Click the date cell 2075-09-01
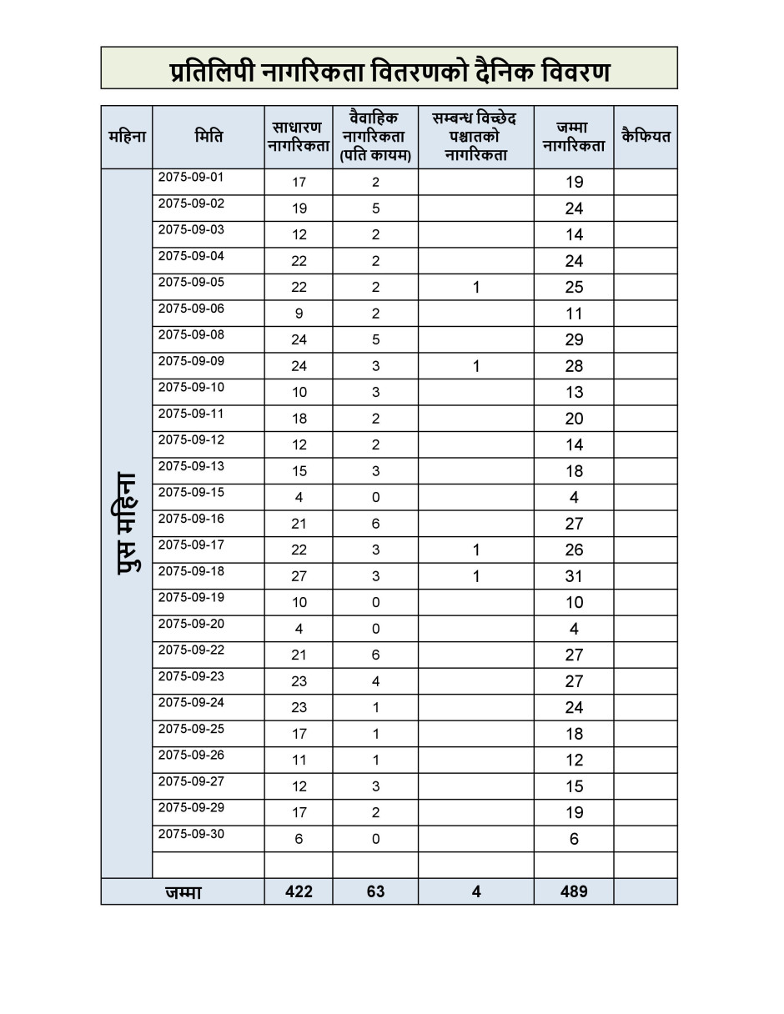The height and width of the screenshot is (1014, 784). click(191, 178)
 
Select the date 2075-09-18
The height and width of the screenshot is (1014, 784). click(191, 572)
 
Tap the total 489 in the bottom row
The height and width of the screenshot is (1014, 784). click(574, 891)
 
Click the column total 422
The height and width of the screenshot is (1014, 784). click(299, 891)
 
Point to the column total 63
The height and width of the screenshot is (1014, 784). click(375, 891)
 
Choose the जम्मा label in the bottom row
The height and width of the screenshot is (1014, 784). click(183, 892)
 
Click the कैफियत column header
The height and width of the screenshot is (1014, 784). click(646, 136)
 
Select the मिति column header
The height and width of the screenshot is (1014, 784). click(209, 136)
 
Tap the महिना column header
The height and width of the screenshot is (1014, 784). click(127, 136)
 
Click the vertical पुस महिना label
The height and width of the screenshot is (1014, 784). click(127, 524)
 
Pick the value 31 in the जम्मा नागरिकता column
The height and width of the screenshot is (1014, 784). click(574, 576)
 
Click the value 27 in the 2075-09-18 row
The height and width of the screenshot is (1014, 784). click(299, 576)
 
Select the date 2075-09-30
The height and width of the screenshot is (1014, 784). click(191, 835)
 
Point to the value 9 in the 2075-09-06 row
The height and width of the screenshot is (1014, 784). click(299, 314)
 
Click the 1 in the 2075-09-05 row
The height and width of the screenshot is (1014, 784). click(476, 288)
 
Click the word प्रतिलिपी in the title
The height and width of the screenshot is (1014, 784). click(214, 72)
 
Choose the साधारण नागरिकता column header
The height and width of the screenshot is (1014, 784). click(299, 137)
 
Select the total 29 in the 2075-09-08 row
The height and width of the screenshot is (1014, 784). click(574, 339)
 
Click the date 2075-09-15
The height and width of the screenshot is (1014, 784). click(191, 493)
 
